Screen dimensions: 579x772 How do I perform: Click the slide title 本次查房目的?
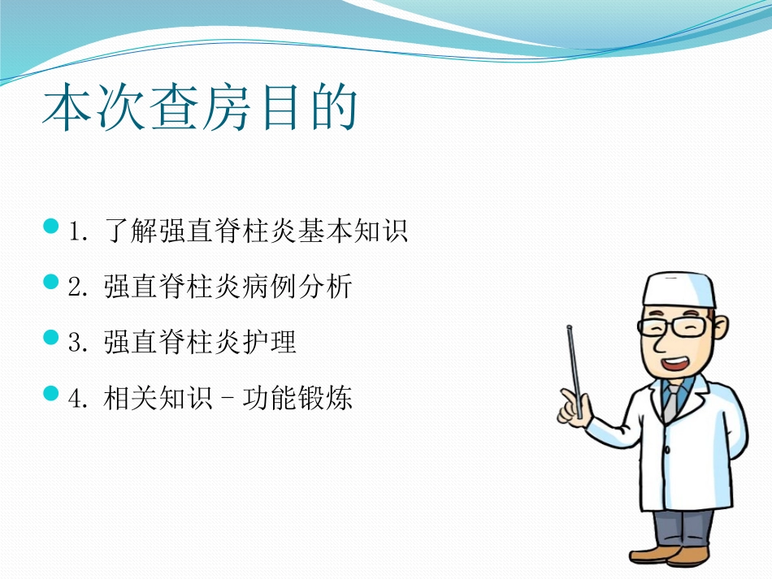[200, 111]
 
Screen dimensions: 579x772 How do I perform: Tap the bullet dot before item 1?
[51, 226]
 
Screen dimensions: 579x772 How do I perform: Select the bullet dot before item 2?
[51, 282]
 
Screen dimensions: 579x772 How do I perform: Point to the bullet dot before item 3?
[51, 337]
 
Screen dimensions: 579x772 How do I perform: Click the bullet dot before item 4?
[51, 394]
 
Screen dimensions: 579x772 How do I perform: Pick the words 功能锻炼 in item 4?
[297, 399]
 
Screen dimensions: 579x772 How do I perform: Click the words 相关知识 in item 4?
[158, 399]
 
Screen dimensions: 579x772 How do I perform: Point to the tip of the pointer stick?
[569, 327]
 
